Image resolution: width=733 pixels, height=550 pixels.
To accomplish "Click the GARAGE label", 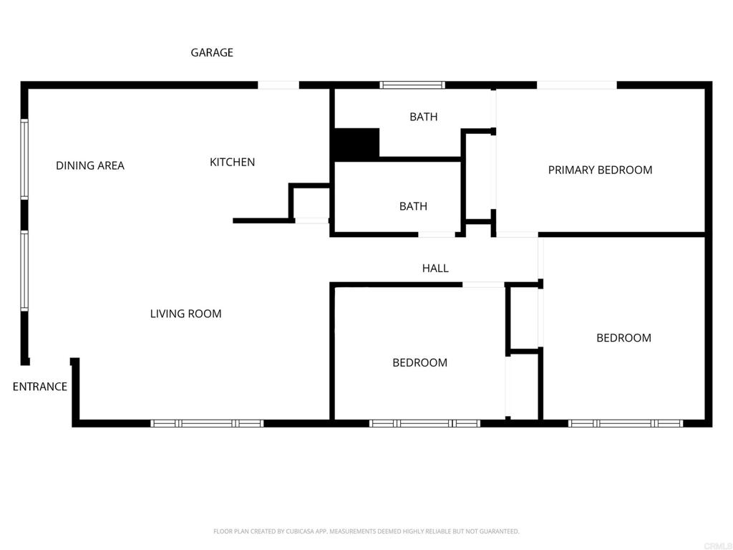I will click(212, 52).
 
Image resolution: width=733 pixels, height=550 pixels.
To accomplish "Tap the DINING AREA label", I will click(90, 165).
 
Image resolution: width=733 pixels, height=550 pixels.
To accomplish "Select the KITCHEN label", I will click(232, 162).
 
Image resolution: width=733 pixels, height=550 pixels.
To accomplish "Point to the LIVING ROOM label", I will click(185, 314).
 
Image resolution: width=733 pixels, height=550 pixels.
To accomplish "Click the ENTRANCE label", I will click(40, 387).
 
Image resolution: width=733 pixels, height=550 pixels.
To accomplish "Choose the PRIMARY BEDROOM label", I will click(600, 170).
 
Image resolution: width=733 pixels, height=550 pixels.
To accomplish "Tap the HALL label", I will click(435, 268).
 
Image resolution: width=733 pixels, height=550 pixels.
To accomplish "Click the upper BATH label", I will click(423, 117).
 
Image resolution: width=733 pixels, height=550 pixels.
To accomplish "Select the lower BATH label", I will click(413, 206).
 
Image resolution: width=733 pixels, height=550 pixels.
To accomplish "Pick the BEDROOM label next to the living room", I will click(419, 362).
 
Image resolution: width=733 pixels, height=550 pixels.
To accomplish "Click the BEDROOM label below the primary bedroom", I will click(623, 338).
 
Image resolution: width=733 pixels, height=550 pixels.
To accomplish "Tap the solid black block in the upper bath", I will click(356, 144).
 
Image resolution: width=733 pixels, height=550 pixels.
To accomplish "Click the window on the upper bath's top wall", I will click(412, 85).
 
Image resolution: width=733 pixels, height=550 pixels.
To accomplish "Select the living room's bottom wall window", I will click(208, 423).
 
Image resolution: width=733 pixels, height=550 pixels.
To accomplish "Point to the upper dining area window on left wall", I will click(24, 159).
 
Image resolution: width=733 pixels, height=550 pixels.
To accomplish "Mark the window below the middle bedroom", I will click(424, 423).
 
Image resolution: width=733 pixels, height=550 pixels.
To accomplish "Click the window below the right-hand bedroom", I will click(625, 423).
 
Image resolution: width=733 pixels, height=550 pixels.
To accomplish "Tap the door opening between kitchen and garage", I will click(278, 85).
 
